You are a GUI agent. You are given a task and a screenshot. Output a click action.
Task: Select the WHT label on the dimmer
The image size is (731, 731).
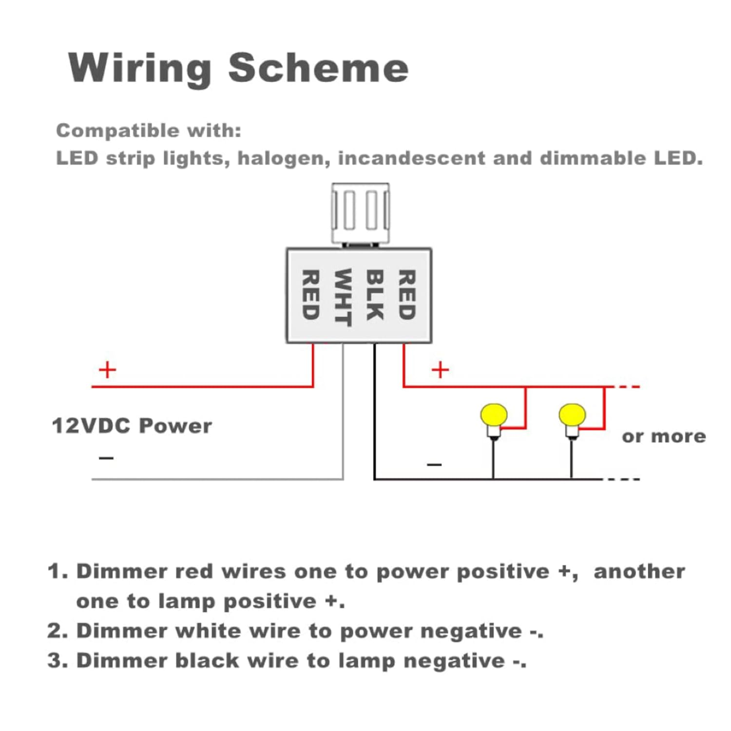click(x=343, y=297)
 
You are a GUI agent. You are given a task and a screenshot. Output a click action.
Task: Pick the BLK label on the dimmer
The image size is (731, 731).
click(x=374, y=295)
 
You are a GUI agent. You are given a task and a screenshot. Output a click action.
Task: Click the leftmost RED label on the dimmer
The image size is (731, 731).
click(x=310, y=295)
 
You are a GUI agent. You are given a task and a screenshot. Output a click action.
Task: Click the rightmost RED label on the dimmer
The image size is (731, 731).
click(x=407, y=295)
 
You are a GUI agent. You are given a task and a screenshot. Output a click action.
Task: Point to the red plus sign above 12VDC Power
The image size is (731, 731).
click(x=107, y=370)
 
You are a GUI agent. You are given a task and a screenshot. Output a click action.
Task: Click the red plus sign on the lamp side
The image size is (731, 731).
click(x=440, y=370)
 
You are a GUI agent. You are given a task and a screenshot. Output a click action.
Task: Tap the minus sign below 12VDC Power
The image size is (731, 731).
click(x=106, y=458)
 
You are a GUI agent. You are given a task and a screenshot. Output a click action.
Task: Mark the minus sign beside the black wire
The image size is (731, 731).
click(x=434, y=464)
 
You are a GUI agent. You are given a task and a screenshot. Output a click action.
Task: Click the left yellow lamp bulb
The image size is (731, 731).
click(x=494, y=416)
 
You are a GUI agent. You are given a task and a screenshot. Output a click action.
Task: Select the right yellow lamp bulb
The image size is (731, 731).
click(x=572, y=416)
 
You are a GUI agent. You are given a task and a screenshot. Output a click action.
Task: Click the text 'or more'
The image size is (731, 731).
click(x=664, y=436)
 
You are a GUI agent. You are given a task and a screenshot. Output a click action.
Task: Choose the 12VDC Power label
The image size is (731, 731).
click(x=132, y=426)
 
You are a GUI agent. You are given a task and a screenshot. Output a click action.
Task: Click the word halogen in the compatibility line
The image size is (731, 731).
click(x=283, y=158)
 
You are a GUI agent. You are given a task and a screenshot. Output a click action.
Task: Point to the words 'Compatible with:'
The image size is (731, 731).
click(x=149, y=131)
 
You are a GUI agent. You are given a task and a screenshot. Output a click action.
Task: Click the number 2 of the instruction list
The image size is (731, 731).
click(x=55, y=631)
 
